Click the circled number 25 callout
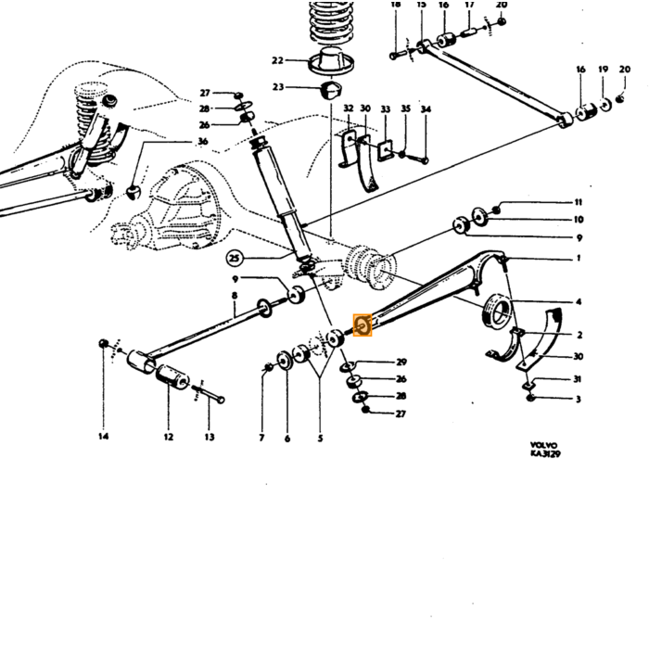coord(235,259)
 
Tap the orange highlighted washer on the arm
coord(363,324)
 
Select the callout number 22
coord(277,60)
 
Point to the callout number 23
coord(278,87)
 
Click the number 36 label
coord(202,142)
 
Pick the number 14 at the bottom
coord(104,436)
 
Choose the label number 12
coord(168,437)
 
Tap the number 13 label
coord(210,437)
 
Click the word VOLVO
coord(544,445)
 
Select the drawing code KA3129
coord(545,453)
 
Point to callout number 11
coord(579,202)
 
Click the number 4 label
coord(579,301)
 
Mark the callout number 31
coord(578,379)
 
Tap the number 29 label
coord(401,363)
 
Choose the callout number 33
coord(386,109)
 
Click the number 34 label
coord(426,109)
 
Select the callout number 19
coord(603,70)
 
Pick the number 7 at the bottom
coord(261,438)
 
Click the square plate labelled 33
coord(385,150)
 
